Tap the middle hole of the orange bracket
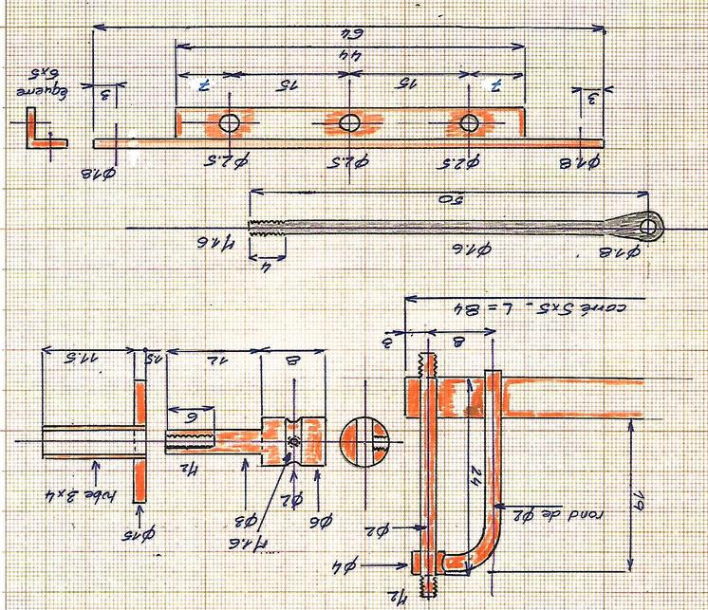tap(349, 122)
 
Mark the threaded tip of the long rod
tap(267, 227)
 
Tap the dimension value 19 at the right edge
tap(663, 494)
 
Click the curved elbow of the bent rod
tap(484, 555)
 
